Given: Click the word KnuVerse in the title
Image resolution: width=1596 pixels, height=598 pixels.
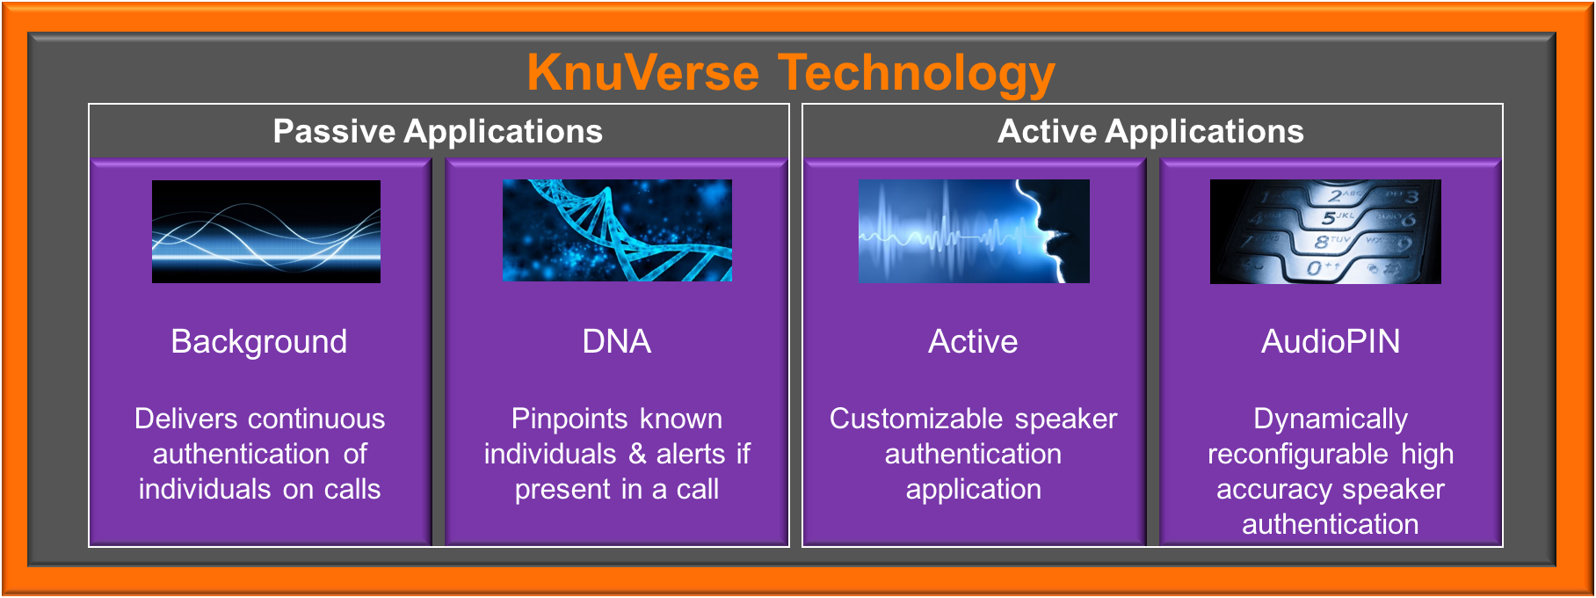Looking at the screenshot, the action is click(x=643, y=72).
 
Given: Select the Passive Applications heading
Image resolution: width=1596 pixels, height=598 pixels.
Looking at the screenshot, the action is click(x=438, y=132).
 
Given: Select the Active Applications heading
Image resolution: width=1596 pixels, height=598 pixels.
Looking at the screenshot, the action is click(x=1150, y=132).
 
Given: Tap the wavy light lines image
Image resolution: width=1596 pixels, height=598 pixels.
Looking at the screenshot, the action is click(x=266, y=231).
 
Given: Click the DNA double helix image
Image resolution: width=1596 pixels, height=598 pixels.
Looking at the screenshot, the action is click(x=617, y=230).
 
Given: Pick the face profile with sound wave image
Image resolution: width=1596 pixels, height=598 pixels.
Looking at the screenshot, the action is click(x=974, y=231).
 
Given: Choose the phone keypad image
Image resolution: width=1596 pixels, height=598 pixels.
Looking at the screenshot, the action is click(x=1325, y=231).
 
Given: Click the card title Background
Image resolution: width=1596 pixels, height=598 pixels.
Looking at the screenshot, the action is click(x=259, y=342).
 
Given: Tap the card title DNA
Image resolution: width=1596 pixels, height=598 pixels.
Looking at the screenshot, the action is click(x=617, y=342).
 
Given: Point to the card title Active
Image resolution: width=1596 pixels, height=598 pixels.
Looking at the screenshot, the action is click(x=973, y=342).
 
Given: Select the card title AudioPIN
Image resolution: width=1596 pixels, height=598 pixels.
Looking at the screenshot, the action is click(x=1331, y=342).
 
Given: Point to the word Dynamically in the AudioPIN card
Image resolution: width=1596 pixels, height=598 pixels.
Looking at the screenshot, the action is click(x=1331, y=419).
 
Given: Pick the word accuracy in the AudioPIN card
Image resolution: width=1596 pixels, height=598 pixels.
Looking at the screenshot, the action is click(x=1266, y=490).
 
